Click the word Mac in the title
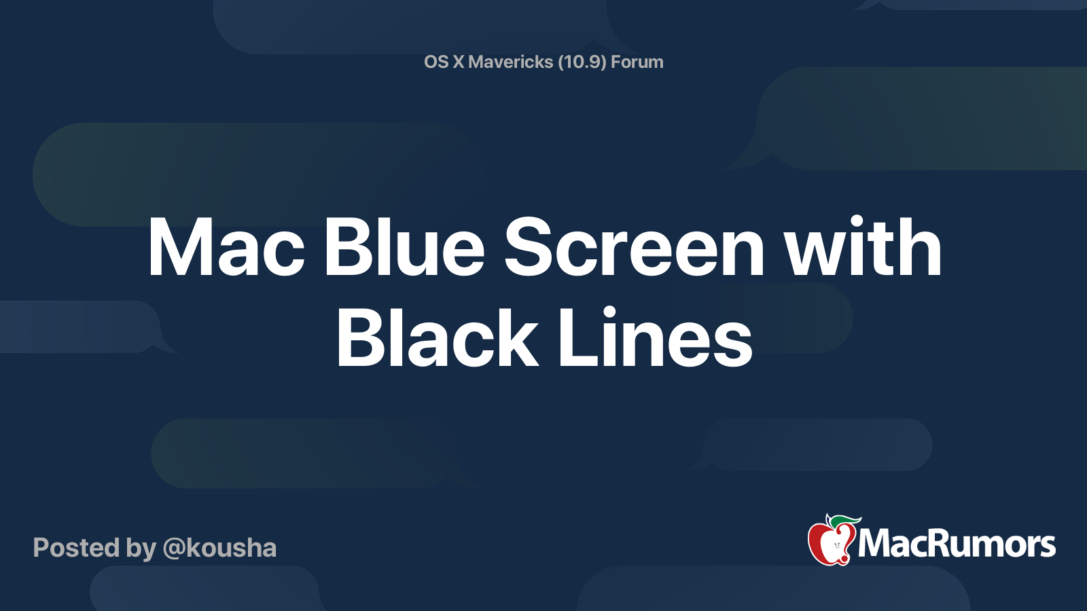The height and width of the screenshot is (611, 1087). (x=226, y=248)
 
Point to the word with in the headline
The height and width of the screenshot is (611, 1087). (x=863, y=248)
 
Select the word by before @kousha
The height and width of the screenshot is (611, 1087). (x=141, y=549)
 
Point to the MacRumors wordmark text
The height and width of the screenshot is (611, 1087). (x=957, y=544)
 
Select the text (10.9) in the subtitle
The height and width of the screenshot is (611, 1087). (x=582, y=62)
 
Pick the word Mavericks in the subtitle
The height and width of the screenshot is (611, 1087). (x=511, y=62)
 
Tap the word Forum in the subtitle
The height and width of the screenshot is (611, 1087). (x=637, y=62)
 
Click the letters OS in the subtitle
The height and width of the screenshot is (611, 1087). (x=436, y=62)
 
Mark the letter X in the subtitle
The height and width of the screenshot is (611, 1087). (x=459, y=62)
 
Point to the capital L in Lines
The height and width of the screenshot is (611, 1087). (x=573, y=338)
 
